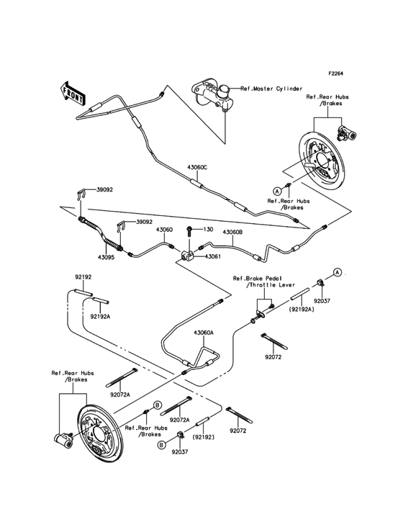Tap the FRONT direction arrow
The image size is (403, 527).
(x=69, y=93)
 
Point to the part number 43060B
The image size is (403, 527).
(x=233, y=233)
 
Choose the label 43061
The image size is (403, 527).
(x=213, y=256)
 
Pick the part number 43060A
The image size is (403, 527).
(x=204, y=333)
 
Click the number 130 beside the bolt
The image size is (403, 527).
(x=209, y=230)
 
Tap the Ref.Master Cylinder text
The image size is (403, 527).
(x=271, y=89)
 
